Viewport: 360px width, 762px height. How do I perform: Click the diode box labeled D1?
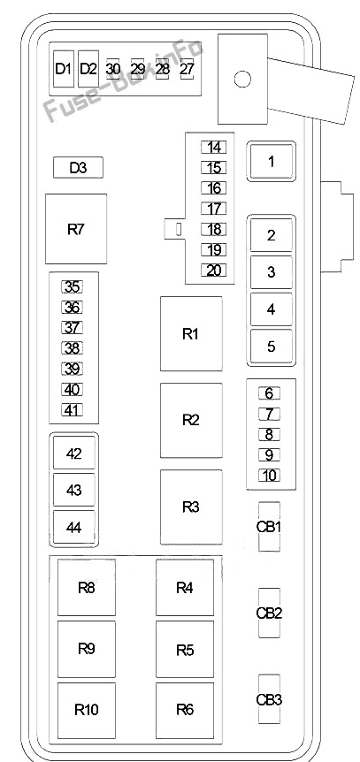tap(64, 69)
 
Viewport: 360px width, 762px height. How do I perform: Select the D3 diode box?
tap(78, 168)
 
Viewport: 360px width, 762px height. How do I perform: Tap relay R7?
tap(76, 229)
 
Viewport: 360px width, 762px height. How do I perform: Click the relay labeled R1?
tap(191, 334)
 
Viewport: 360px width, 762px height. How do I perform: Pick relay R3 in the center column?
tap(191, 507)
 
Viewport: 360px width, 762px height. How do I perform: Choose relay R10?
tap(87, 710)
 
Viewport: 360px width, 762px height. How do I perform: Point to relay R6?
tap(185, 710)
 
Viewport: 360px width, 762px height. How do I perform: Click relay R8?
tap(87, 588)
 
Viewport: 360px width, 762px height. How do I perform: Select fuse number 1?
tap(271, 162)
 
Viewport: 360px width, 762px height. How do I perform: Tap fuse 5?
tap(271, 347)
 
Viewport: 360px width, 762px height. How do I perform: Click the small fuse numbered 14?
tap(213, 147)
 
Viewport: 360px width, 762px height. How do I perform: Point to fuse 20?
tap(213, 271)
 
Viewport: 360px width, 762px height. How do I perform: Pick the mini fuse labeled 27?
tap(187, 69)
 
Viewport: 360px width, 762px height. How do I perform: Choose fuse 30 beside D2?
tap(113, 69)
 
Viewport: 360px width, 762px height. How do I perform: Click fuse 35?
tap(72, 287)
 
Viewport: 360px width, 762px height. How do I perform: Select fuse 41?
tap(72, 410)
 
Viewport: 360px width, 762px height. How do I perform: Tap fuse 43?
tap(74, 491)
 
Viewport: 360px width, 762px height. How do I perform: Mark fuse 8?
tap(269, 434)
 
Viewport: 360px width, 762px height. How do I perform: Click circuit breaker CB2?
tap(269, 613)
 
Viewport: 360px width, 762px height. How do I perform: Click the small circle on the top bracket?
tap(242, 79)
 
